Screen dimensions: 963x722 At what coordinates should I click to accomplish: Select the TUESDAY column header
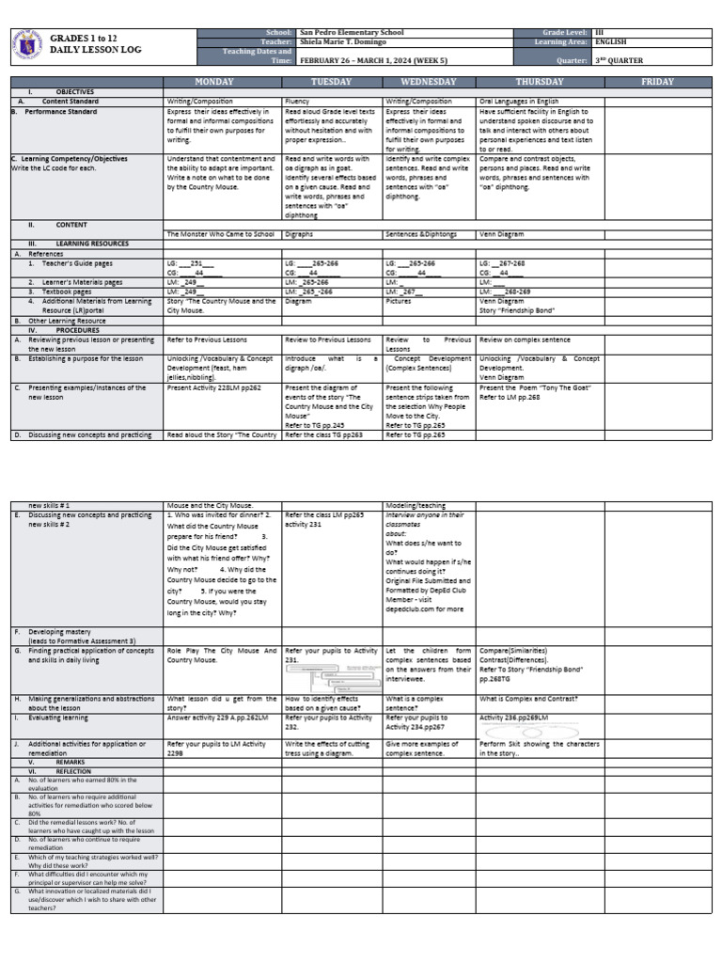(332, 82)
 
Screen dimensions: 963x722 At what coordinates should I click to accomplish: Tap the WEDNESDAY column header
(429, 82)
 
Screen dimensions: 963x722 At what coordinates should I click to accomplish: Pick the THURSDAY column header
(540, 82)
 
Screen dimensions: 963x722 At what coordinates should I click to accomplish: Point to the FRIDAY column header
(657, 82)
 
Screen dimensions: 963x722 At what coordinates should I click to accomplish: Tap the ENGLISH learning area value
(612, 42)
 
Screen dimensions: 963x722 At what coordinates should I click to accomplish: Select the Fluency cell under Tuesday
(296, 100)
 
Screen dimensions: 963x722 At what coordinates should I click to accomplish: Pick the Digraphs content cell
(300, 233)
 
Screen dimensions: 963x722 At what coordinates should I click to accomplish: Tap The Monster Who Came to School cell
(220, 233)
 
